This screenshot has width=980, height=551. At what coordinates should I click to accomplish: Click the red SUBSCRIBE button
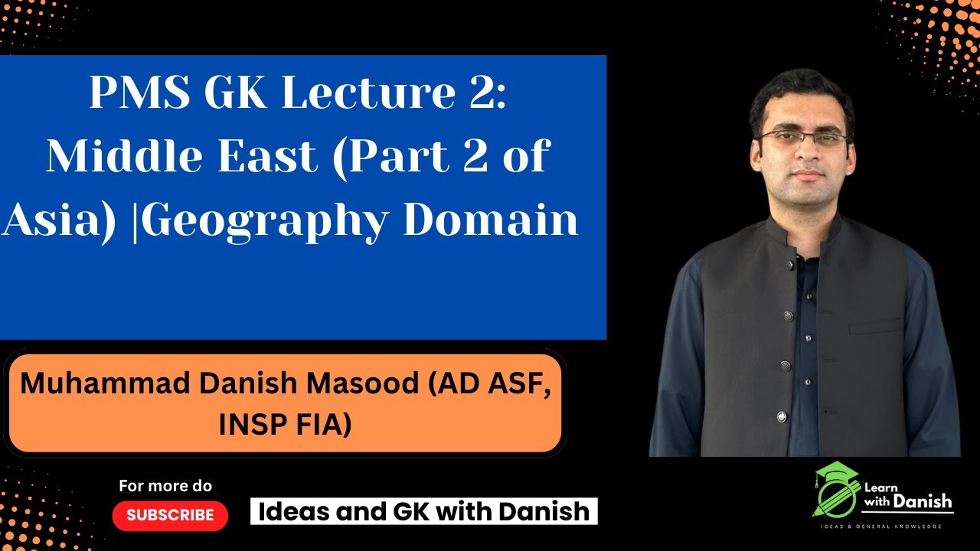pyautogui.click(x=170, y=516)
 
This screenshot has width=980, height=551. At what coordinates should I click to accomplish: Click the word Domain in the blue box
pyautogui.click(x=491, y=220)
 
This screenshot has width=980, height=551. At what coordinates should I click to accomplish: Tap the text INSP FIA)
pyautogui.click(x=285, y=424)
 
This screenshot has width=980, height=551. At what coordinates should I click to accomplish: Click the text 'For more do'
pyautogui.click(x=165, y=486)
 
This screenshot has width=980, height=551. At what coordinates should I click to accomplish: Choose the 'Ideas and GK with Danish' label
pyautogui.click(x=423, y=511)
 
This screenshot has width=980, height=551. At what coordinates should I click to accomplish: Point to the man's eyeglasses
pyautogui.click(x=802, y=140)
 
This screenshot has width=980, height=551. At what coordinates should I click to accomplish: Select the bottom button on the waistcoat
pyautogui.click(x=781, y=417)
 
